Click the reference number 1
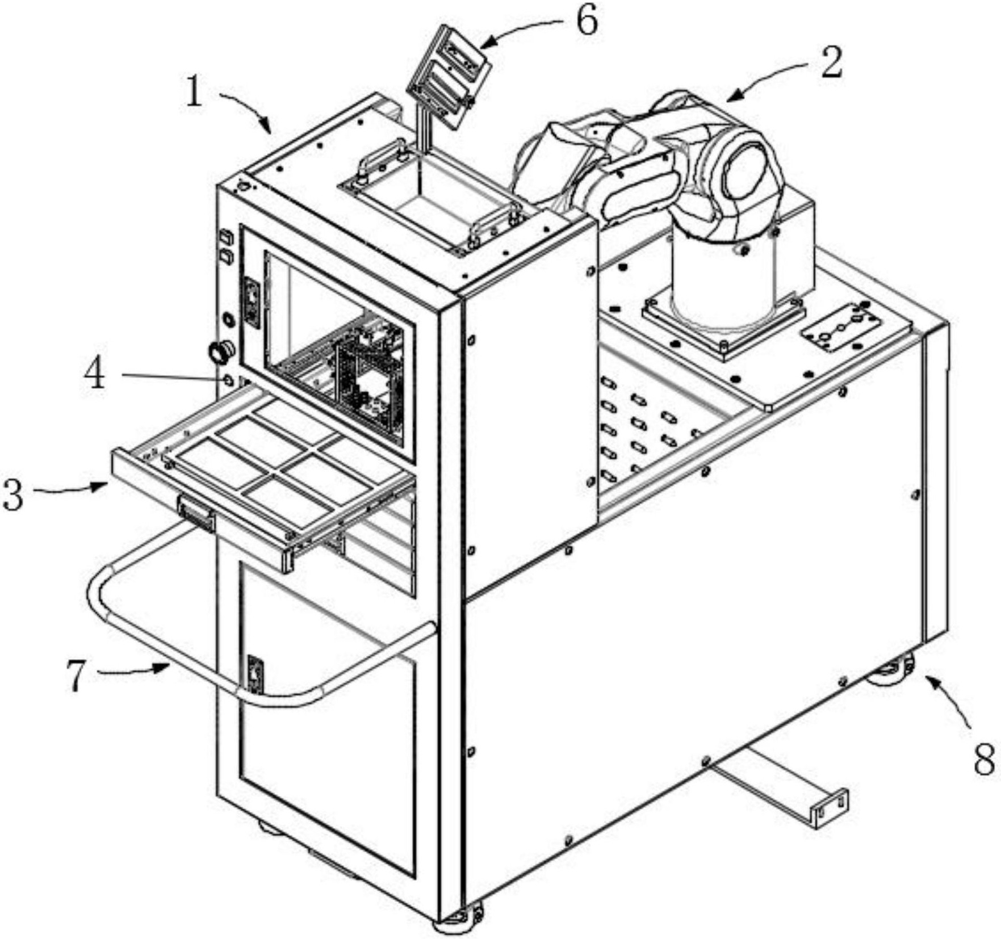194,93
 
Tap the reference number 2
832,62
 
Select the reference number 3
13,494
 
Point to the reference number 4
95,375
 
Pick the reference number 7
77,676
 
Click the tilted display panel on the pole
449,77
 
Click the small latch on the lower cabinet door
255,675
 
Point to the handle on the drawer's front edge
196,514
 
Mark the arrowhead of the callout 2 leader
732,97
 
